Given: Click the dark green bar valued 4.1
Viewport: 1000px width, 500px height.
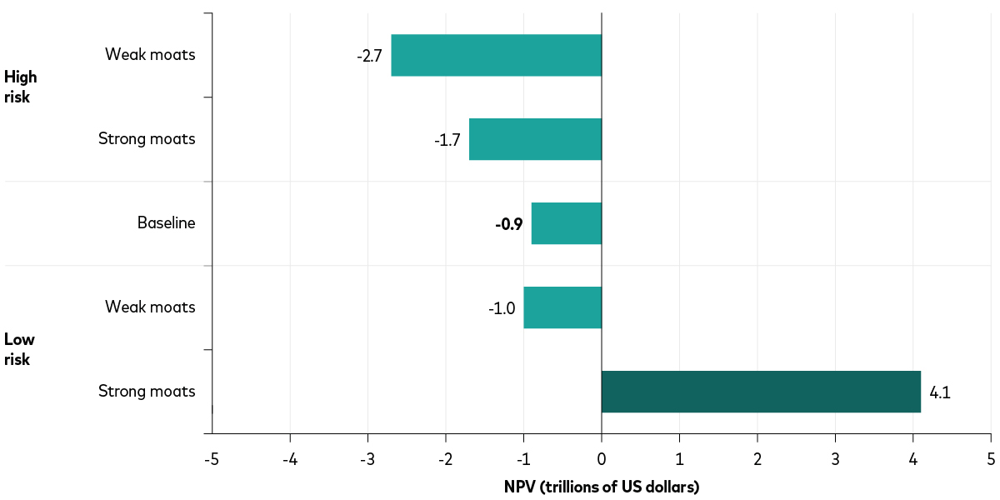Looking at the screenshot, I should [x=760, y=392].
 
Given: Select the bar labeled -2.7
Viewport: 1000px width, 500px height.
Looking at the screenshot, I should [x=496, y=55].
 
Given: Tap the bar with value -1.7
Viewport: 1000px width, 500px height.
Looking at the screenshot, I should [x=535, y=139].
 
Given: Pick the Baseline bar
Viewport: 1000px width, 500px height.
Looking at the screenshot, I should [x=566, y=223].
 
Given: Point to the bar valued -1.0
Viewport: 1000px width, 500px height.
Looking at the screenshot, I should [x=562, y=307].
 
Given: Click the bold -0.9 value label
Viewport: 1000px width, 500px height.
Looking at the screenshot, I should [x=508, y=223].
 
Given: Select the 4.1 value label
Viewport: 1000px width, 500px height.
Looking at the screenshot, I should [x=940, y=392].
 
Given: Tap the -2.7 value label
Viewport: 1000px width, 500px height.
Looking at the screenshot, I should [x=369, y=56].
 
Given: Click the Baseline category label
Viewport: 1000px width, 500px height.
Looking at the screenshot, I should [x=167, y=223].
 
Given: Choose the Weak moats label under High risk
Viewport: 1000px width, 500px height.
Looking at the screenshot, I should [x=150, y=55].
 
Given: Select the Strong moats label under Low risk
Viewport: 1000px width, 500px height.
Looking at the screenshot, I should [x=147, y=392].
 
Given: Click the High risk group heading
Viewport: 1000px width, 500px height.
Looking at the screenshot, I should [x=20, y=87].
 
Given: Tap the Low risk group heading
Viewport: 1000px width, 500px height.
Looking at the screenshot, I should [x=19, y=350].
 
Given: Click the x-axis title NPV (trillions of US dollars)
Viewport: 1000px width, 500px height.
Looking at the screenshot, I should [x=601, y=486].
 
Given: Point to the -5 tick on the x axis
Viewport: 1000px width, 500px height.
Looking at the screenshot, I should [x=212, y=459].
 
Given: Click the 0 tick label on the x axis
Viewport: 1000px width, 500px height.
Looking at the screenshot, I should [x=602, y=459].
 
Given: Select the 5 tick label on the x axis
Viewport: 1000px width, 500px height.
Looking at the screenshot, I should [x=991, y=459].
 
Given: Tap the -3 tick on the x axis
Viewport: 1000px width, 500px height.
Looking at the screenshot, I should [x=367, y=459].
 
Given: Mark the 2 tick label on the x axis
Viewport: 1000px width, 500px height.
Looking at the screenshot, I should [x=757, y=459].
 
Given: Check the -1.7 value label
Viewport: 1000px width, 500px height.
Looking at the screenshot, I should [x=447, y=140].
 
